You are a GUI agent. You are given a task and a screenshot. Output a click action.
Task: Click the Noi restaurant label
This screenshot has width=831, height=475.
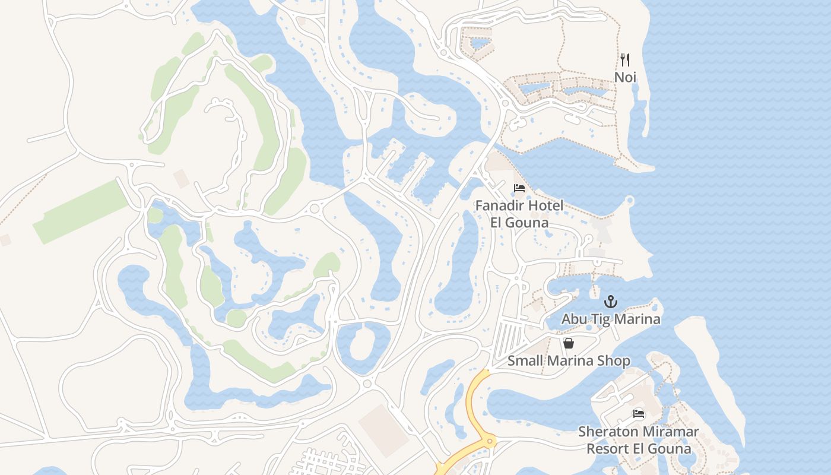625,77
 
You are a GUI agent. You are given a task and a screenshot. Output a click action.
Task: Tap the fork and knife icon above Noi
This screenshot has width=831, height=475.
624,59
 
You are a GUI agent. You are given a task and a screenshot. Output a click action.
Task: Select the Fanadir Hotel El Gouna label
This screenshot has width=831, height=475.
519,214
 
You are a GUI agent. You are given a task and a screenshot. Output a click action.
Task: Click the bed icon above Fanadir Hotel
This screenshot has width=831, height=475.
519,188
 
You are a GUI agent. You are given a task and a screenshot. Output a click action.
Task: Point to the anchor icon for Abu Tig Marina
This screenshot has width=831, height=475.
611,302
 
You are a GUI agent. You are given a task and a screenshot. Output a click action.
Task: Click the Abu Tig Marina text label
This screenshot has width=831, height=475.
611,319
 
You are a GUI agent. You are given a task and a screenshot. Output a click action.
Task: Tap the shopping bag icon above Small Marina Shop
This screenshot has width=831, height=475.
568,343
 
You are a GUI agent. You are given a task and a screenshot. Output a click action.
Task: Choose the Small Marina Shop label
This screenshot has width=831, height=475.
568,360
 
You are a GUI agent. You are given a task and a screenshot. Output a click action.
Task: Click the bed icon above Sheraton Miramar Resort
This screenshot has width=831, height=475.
639,414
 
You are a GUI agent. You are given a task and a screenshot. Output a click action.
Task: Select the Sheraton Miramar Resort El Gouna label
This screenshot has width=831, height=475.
639,439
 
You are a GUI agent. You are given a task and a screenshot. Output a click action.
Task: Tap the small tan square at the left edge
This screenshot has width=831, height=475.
5,240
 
